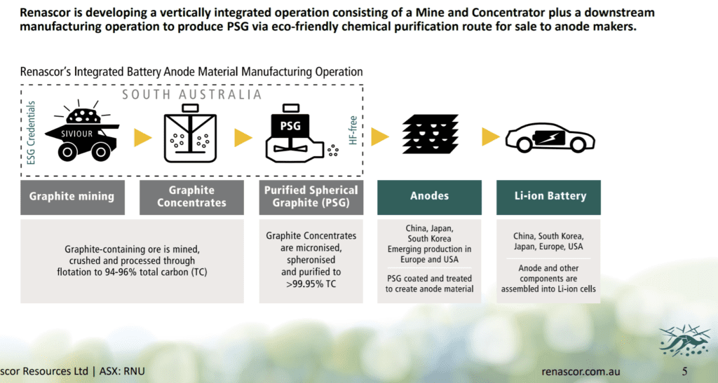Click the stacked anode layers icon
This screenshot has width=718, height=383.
430,134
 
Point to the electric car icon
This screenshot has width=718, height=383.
550,137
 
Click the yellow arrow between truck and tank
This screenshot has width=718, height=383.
143,137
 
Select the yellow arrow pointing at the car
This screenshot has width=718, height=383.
490,137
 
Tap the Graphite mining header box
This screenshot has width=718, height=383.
72,197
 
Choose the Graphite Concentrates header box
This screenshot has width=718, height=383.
191,197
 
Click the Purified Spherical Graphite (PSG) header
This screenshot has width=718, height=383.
311,197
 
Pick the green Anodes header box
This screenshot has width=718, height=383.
430,197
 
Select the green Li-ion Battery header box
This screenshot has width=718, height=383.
548,197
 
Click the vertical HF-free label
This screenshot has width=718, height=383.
353,130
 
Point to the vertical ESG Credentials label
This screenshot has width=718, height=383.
31,132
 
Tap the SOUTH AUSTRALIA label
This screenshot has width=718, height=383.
191,95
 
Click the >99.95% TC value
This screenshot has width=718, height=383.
311,284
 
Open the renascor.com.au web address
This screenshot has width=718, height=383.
581,371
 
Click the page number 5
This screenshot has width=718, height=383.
684,371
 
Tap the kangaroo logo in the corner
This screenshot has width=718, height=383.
679,341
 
